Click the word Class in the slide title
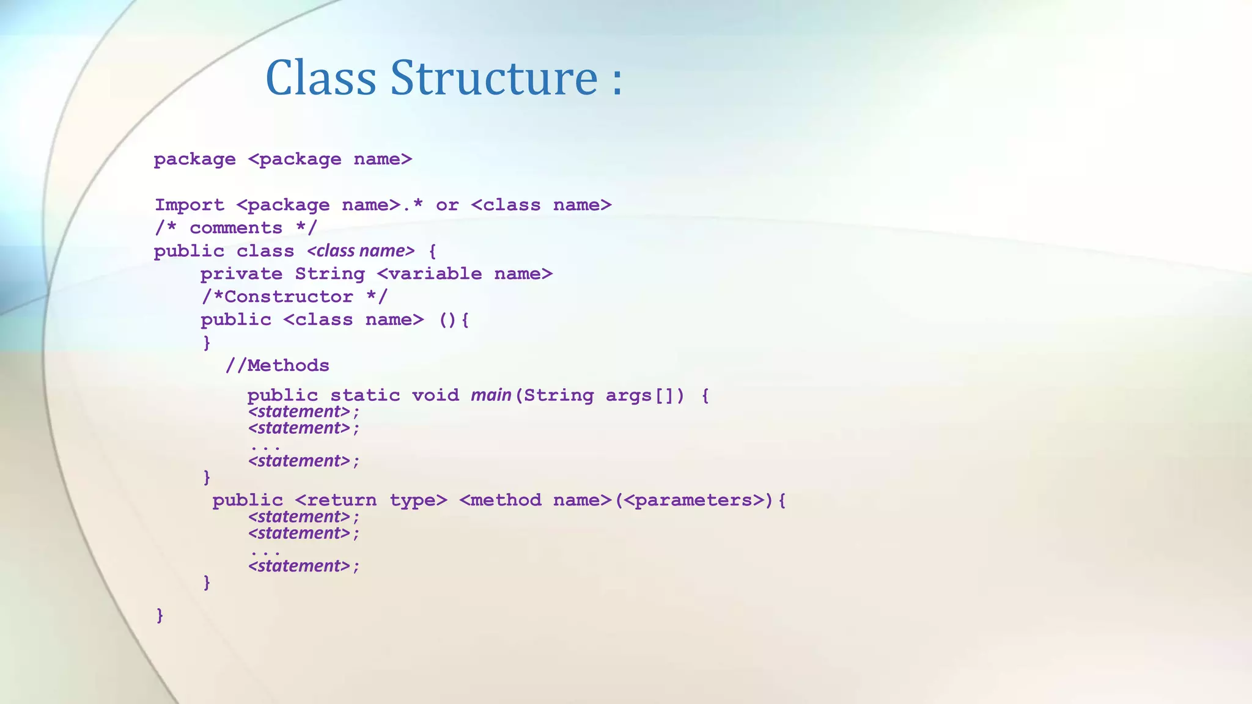(x=320, y=78)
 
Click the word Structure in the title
(x=494, y=78)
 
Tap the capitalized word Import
(x=190, y=205)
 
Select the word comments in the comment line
(x=236, y=229)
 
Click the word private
(x=241, y=274)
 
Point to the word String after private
(x=330, y=274)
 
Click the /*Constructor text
(x=278, y=297)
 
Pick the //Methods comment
(x=278, y=365)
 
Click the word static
(x=365, y=395)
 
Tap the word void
(x=435, y=395)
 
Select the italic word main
(x=491, y=395)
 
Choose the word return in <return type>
(x=341, y=501)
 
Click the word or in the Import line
(x=447, y=205)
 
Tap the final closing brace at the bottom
(x=160, y=615)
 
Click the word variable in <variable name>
(x=435, y=274)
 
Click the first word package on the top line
(x=194, y=160)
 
